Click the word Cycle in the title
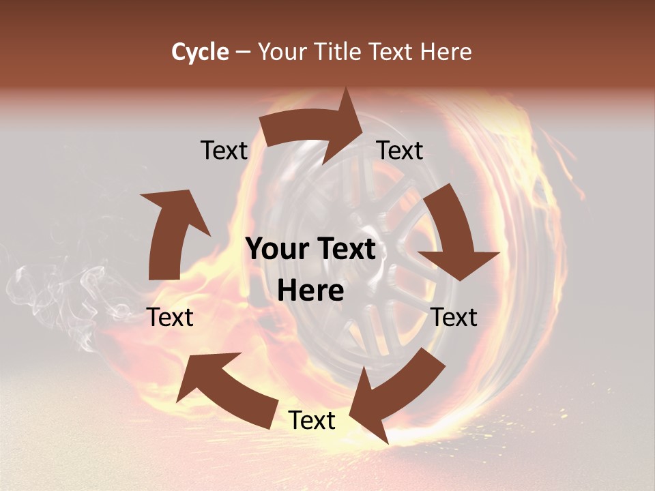pyautogui.click(x=200, y=52)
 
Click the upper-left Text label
pyautogui.click(x=224, y=150)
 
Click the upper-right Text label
pyautogui.click(x=400, y=150)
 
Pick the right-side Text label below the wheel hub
pyautogui.click(x=454, y=317)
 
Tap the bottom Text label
pyautogui.click(x=312, y=420)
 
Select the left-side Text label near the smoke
pyautogui.click(x=170, y=317)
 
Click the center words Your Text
pyautogui.click(x=310, y=250)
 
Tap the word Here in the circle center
pyautogui.click(x=310, y=291)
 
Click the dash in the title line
pyautogui.click(x=243, y=52)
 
